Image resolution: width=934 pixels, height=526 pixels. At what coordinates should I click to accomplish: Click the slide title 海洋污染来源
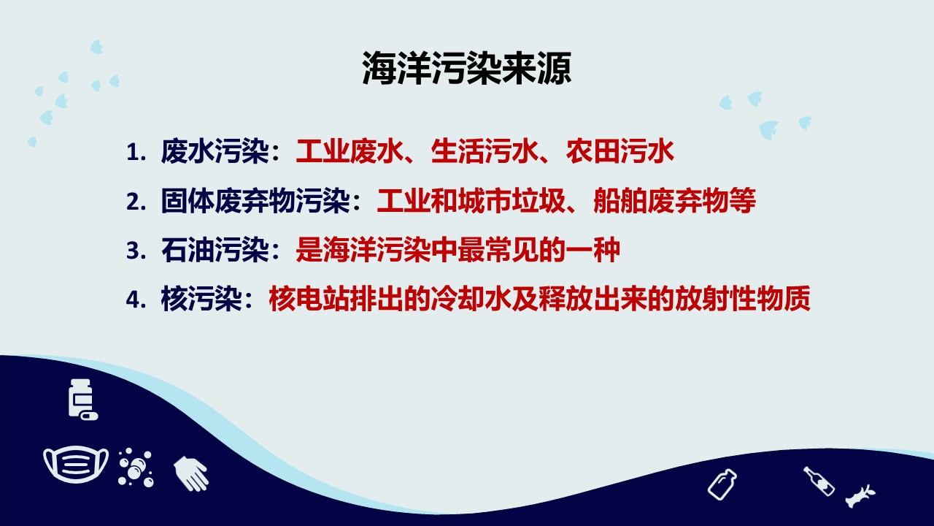466,68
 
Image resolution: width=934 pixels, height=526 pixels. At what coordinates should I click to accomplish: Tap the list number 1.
136,152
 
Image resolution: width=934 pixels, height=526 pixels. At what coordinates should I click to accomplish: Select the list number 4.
136,300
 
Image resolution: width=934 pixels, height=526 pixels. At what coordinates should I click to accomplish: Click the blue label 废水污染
215,151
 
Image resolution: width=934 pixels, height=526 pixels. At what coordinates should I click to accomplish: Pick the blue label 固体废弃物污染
255,201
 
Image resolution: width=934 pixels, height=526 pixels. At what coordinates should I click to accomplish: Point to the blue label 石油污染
215,250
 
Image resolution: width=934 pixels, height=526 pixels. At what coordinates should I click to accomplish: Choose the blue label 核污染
201,299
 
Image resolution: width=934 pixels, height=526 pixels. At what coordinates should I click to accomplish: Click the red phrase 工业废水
350,151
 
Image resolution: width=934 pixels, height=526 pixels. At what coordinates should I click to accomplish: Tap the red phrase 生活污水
485,151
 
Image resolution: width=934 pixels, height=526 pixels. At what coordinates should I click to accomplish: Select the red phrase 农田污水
620,151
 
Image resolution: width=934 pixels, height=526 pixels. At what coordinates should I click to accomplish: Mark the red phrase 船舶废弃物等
674,201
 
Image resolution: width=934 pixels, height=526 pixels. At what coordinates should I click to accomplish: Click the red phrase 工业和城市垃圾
471,201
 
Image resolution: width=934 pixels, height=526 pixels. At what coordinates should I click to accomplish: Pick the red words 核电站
309,299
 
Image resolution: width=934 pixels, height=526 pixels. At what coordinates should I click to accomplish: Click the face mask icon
76,464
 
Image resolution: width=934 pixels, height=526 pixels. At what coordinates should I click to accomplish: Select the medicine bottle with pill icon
82,399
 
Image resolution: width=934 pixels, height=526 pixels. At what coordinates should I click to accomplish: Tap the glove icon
191,473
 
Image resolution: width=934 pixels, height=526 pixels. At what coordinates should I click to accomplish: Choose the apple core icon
860,496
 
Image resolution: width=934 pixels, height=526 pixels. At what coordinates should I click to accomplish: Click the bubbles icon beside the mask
136,467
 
